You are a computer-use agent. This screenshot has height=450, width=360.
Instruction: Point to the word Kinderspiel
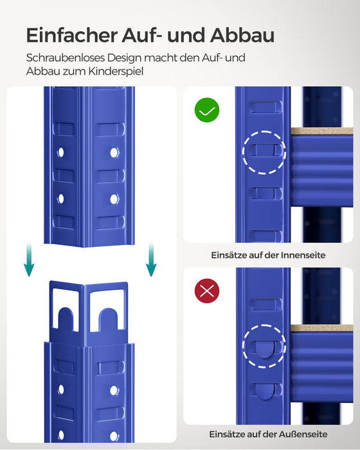120,71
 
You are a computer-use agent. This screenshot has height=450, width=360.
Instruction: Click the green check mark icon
207,111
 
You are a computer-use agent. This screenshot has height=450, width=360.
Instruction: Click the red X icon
207,291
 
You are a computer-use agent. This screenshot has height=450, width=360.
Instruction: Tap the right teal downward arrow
150,260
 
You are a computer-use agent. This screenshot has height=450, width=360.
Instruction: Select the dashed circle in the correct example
264,152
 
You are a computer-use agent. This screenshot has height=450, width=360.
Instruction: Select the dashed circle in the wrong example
264,346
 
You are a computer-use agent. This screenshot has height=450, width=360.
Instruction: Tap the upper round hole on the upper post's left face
61,153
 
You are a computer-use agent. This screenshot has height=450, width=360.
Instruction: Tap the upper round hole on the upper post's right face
114,153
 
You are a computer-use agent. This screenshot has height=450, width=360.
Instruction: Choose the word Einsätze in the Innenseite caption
229,255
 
